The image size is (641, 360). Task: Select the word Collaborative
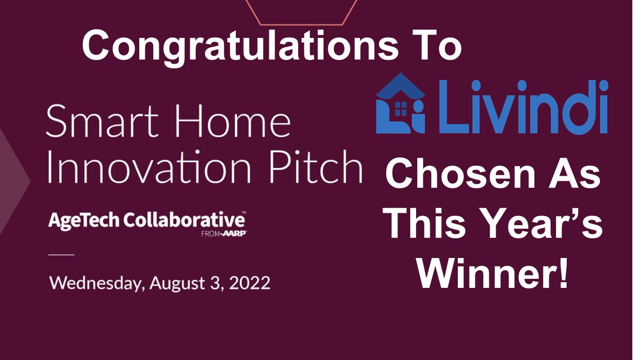coord(184,220)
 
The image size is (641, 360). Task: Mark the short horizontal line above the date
coord(62,254)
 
